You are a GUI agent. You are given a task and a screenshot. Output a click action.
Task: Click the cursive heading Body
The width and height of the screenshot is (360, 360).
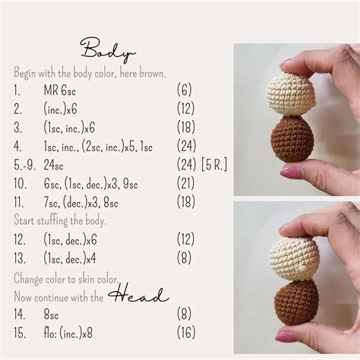pyautogui.click(x=108, y=50)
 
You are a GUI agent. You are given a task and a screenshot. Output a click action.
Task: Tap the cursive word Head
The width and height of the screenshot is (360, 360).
pyautogui.click(x=138, y=295)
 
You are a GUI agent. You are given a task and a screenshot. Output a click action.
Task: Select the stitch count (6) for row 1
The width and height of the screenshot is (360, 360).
pyautogui.click(x=184, y=90)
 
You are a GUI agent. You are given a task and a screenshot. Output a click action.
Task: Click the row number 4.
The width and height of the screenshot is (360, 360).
pyautogui.click(x=17, y=146)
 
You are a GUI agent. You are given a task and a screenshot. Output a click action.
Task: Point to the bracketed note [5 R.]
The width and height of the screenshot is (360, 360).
pyautogui.click(x=214, y=165)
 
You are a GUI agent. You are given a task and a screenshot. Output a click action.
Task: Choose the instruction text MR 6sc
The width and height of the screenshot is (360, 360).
pyautogui.click(x=60, y=90)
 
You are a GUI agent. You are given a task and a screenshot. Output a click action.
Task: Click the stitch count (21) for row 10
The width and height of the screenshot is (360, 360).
pyautogui.click(x=186, y=183)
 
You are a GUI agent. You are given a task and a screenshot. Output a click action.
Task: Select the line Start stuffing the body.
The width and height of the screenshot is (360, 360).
pyautogui.click(x=60, y=220)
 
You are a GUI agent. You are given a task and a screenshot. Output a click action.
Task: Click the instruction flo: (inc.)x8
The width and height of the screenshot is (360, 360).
pyautogui.click(x=68, y=333)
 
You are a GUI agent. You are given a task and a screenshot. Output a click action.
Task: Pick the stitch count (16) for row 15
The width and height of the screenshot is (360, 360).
pyautogui.click(x=186, y=333)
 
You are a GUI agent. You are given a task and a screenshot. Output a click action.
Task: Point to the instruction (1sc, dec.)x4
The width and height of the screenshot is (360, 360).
pyautogui.click(x=70, y=258)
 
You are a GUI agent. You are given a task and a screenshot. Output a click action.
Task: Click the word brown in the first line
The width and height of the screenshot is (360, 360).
pyautogui.click(x=153, y=73)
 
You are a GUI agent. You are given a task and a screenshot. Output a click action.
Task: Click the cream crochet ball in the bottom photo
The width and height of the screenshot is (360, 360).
pyautogui.click(x=294, y=258)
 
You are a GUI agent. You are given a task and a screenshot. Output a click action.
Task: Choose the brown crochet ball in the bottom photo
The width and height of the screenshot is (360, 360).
pyautogui.click(x=297, y=302)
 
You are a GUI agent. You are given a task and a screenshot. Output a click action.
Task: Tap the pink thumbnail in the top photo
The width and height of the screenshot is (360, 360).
pyautogui.click(x=291, y=172)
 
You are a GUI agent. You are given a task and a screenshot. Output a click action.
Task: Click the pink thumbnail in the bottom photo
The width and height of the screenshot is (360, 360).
pyautogui.click(x=286, y=336)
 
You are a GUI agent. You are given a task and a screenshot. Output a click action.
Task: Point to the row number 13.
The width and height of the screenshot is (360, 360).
pyautogui.click(x=20, y=258)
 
